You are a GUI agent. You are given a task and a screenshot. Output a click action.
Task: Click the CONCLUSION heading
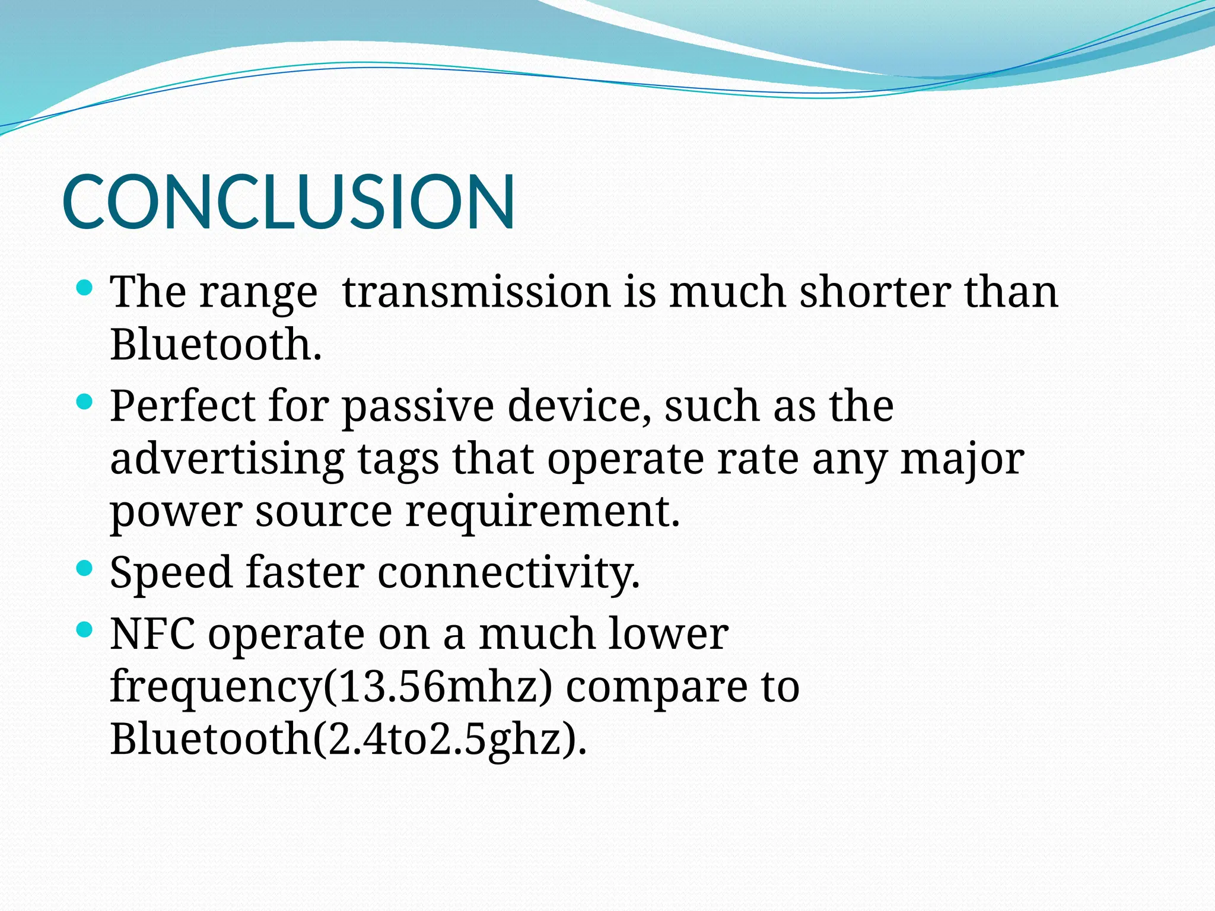tap(288, 202)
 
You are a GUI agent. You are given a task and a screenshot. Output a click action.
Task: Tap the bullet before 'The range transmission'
tap(85, 289)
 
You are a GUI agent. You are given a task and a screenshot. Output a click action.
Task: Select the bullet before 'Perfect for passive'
tap(85, 403)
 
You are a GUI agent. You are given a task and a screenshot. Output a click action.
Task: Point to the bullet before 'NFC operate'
tap(85, 630)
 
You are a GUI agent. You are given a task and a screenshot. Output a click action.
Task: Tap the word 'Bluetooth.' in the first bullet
tap(216, 345)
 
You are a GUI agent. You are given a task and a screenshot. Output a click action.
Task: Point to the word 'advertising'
tap(227, 459)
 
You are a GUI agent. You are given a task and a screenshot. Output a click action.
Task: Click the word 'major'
tap(962, 460)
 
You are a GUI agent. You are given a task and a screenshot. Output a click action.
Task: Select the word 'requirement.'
tap(542, 512)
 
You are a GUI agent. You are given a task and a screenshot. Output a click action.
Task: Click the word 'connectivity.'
tap(508, 573)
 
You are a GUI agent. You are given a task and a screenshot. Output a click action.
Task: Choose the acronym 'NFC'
tap(152, 633)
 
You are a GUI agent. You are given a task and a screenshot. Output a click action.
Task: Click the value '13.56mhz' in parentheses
tap(437, 687)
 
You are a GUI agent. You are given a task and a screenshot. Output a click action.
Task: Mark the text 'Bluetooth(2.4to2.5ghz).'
tap(348, 739)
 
